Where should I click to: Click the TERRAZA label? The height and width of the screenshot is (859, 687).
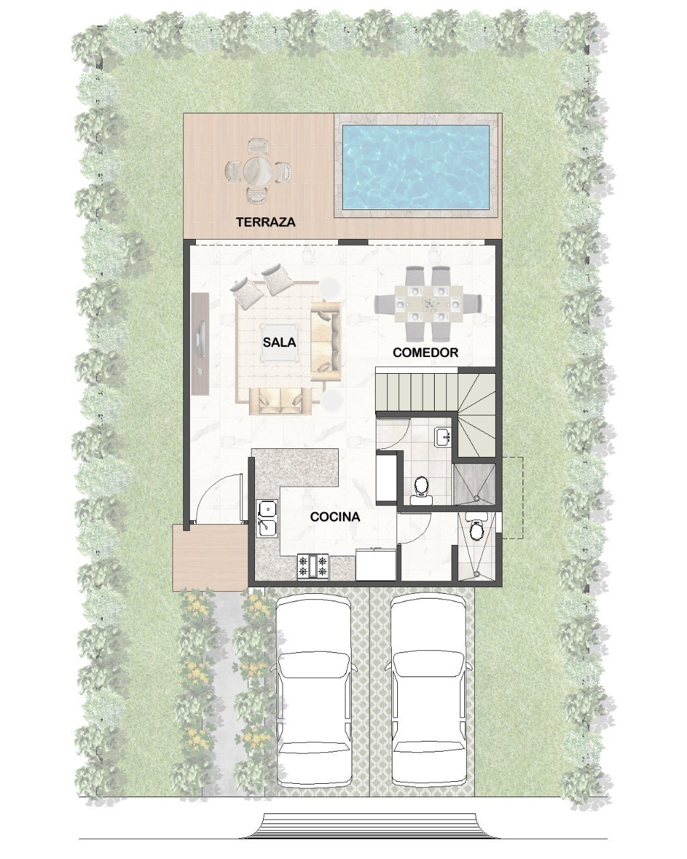266,222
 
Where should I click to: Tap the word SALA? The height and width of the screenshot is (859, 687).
280,342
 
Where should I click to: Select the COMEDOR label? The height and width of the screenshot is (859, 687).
425,352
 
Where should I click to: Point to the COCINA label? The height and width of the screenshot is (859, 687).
335,517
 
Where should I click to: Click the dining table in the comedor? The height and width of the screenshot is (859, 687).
428,304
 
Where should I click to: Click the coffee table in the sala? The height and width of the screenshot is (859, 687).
280,343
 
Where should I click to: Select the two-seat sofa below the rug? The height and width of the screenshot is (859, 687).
280,401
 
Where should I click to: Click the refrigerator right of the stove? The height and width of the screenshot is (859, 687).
376,564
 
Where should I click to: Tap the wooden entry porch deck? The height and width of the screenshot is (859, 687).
210,558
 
